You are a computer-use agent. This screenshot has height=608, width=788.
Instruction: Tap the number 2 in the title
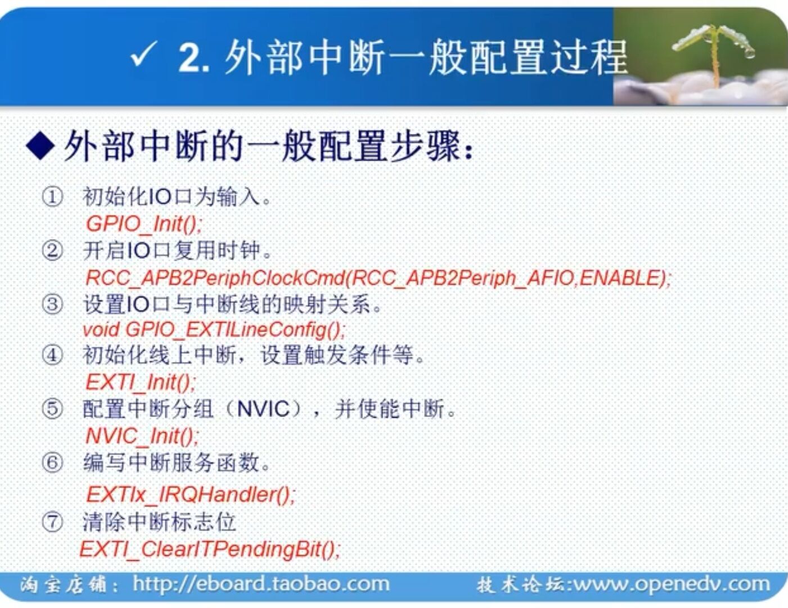(x=191, y=58)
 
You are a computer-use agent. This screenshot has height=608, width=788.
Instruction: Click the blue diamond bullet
(x=40, y=146)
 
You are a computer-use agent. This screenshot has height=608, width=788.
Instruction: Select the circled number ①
(x=52, y=197)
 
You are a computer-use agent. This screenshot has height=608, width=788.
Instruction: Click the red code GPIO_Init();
(x=143, y=224)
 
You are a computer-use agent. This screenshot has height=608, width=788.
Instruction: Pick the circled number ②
(x=52, y=251)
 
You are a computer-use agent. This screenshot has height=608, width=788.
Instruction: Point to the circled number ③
(x=52, y=305)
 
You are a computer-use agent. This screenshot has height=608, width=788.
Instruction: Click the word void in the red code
(x=101, y=330)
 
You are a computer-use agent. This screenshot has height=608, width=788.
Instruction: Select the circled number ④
(x=52, y=355)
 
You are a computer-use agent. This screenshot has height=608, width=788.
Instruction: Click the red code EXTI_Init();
(x=141, y=383)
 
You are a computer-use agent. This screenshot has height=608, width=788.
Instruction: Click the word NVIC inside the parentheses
(x=263, y=409)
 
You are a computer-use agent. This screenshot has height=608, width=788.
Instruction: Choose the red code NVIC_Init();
(x=142, y=436)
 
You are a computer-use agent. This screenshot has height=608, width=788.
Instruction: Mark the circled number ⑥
(x=52, y=463)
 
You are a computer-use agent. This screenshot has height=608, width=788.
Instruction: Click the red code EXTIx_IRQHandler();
(x=190, y=495)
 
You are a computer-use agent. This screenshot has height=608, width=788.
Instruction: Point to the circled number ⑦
(x=52, y=522)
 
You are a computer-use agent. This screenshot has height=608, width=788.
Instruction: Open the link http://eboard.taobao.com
(x=261, y=584)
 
